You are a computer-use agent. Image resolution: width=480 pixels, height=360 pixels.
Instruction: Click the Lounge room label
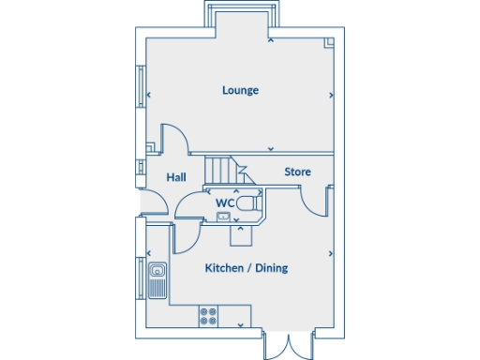pyautogui.click(x=240, y=90)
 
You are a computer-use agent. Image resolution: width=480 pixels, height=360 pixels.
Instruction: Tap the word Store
pyautogui.click(x=297, y=172)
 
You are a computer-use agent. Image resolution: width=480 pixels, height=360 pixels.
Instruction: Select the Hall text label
pyautogui.click(x=176, y=176)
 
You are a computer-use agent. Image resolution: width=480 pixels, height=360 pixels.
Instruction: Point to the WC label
pyautogui.click(x=225, y=202)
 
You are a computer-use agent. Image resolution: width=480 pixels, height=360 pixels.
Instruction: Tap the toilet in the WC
pyautogui.click(x=247, y=202)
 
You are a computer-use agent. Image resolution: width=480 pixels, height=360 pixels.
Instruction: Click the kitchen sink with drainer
pyautogui.click(x=157, y=277)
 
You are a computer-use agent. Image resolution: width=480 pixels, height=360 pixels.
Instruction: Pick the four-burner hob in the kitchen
pyautogui.click(x=209, y=317)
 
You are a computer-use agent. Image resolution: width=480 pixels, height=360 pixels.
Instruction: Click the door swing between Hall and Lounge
pyautogui.click(x=173, y=139)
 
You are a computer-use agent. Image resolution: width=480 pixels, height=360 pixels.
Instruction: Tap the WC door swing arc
pyautogui.click(x=190, y=206)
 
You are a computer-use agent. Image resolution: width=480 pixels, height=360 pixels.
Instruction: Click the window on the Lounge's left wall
pyautogui.click(x=142, y=89)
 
